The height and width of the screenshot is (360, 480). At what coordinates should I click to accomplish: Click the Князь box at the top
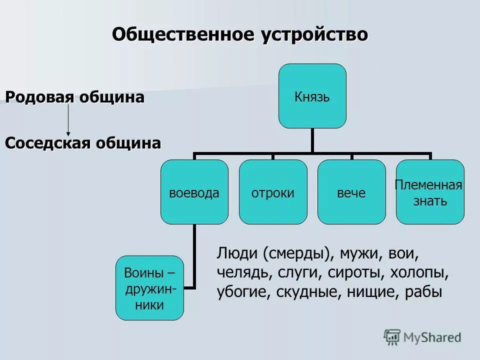point(312,96)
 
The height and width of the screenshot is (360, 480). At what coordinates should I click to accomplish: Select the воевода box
point(194,192)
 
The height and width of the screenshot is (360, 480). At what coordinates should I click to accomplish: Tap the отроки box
point(273,192)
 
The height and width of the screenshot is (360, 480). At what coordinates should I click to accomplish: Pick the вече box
point(351,192)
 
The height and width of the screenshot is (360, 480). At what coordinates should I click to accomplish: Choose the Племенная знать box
point(430,192)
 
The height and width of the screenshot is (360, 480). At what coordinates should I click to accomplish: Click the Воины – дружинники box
point(149,288)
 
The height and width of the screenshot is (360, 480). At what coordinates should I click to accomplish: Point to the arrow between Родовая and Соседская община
point(68,120)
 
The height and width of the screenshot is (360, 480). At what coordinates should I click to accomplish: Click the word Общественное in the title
point(184,34)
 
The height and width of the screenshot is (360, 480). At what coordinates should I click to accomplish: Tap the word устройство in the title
point(313,34)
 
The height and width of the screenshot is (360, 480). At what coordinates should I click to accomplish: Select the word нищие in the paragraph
point(369,292)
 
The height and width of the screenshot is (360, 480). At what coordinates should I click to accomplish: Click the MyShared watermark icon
point(392,337)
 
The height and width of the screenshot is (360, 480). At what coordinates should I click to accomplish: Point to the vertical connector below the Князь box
point(312,140)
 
